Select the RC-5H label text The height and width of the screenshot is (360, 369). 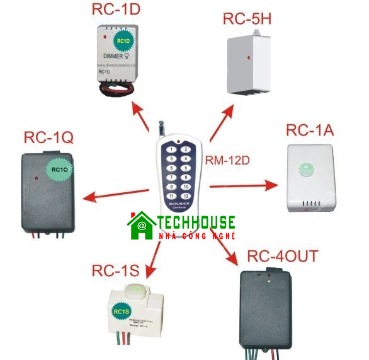click(x=247, y=19)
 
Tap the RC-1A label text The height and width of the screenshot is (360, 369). click(x=309, y=131)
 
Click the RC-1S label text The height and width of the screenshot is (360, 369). click(x=115, y=271)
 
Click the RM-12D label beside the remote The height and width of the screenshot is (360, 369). click(x=227, y=161)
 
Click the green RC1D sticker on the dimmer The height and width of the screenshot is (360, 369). click(x=123, y=42)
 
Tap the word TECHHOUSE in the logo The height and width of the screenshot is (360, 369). click(x=196, y=222)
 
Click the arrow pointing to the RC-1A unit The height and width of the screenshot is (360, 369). click(x=243, y=186)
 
